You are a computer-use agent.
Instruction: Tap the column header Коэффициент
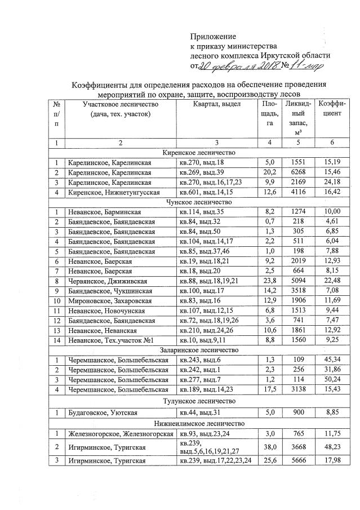tap(331, 109)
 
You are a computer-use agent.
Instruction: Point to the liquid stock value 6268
tap(294, 172)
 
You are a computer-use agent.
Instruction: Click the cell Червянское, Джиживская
tap(108, 281)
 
